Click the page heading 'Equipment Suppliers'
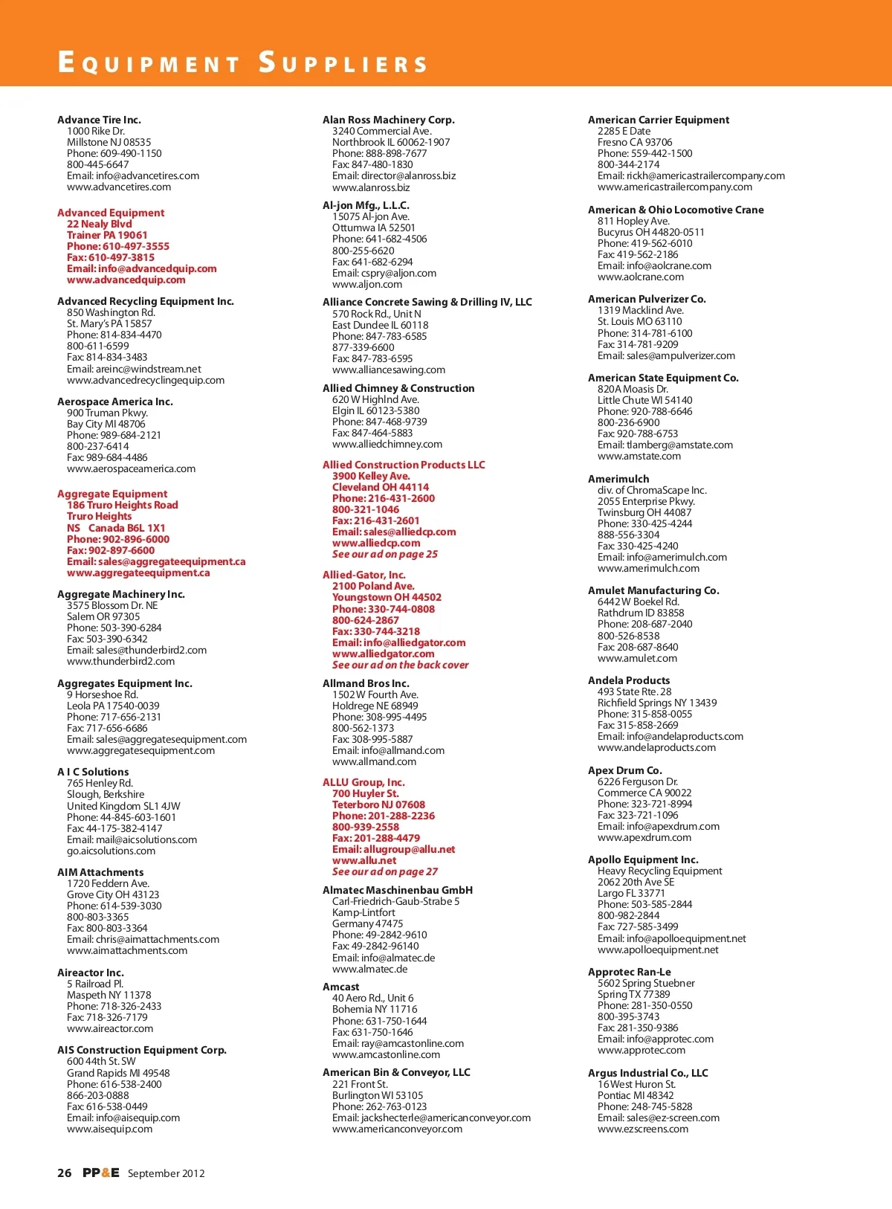242,62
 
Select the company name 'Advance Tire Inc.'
99,120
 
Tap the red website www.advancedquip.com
126,280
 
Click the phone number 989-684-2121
114,436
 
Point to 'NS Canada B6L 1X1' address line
116,528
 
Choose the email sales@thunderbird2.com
137,651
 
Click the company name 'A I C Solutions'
93,772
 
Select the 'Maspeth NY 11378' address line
109,995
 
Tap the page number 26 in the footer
65,1173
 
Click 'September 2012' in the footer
166,1173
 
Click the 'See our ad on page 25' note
384,554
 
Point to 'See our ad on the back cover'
400,665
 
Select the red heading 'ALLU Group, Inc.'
363,782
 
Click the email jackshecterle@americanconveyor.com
431,1118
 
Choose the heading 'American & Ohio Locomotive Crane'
676,210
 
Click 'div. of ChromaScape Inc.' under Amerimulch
652,490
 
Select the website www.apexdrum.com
644,838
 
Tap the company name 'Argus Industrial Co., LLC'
647,1073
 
